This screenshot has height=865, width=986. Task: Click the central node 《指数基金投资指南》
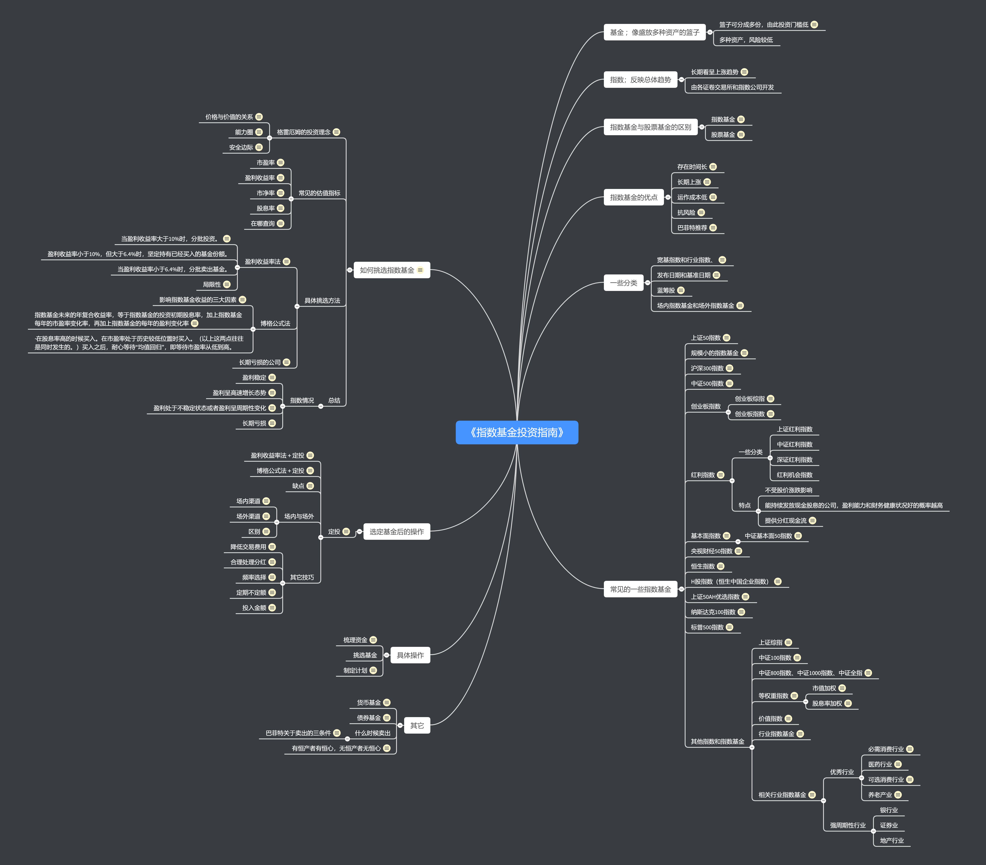pyautogui.click(x=517, y=432)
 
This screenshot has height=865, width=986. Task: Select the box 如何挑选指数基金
pyautogui.click(x=387, y=270)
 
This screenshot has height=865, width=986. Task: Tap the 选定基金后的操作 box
pyautogui.click(x=397, y=532)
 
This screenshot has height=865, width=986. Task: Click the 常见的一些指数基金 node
pyautogui.click(x=640, y=589)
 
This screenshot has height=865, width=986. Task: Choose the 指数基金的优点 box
pyautogui.click(x=633, y=197)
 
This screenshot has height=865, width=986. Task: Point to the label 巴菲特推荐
pyautogui.click(x=692, y=228)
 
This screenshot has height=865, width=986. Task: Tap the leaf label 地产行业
pyautogui.click(x=891, y=840)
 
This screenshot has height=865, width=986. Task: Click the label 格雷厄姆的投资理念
pyautogui.click(x=303, y=132)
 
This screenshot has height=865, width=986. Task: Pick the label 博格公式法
pyautogui.click(x=275, y=323)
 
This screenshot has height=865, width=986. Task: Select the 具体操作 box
pyautogui.click(x=410, y=655)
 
